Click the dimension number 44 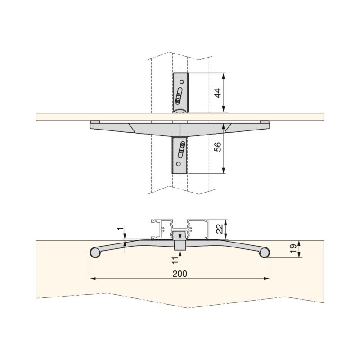click(x=218, y=93)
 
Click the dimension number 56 click(x=218, y=147)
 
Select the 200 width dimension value click(x=180, y=274)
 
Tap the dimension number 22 click(x=220, y=229)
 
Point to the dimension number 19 click(x=293, y=249)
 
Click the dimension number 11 click(x=175, y=260)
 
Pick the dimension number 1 click(x=119, y=229)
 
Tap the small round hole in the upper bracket click(x=182, y=82)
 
